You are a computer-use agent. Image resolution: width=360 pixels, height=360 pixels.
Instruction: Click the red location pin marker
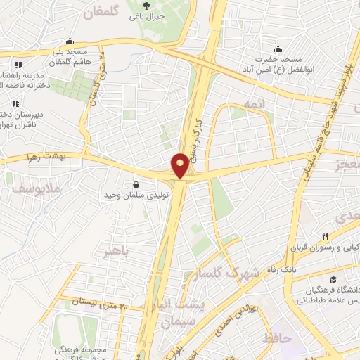(180, 165)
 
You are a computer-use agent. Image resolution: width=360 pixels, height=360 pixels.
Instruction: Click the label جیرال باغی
(149, 15)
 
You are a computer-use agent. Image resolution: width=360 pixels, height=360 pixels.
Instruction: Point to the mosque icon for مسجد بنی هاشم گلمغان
(69, 41)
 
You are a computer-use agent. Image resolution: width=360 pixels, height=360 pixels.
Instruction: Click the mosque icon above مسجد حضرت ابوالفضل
(279, 49)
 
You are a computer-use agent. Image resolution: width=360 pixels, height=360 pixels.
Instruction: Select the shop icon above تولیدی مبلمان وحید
(134, 184)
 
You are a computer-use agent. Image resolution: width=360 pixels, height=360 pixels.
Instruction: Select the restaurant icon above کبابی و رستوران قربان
(324, 236)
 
